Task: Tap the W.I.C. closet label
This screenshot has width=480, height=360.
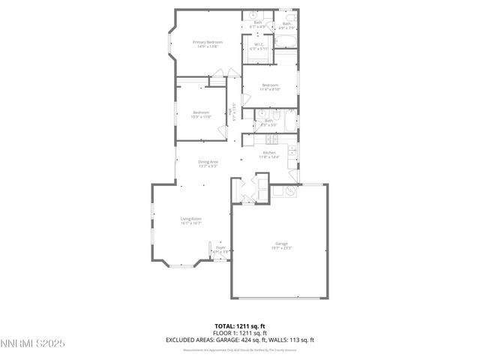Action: pos(257,44)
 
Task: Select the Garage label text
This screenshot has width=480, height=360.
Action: pos(281,244)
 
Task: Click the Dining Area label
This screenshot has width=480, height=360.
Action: pos(208,162)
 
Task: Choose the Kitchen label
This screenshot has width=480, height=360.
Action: pos(269,152)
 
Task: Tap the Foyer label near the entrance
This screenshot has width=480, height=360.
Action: pos(220,247)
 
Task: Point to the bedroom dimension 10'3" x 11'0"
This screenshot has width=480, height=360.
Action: pos(201,117)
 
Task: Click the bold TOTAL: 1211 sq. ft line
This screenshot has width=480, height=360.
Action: pos(240,325)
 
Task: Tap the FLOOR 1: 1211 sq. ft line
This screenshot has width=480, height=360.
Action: pos(240,332)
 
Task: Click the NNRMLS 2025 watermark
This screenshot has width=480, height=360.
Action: pos(33,343)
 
